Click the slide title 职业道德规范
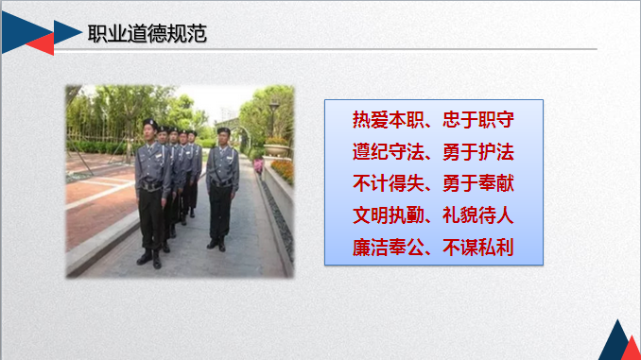[x=147, y=34]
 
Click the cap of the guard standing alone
[x=223, y=130]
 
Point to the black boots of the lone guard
[x=217, y=244]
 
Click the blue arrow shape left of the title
[x=66, y=32]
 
